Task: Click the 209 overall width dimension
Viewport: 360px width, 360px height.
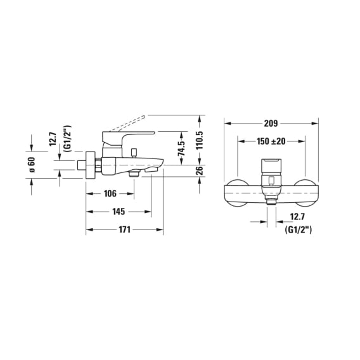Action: point(271,124)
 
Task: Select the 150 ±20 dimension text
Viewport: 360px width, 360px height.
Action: point(271,141)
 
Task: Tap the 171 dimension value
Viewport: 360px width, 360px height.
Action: point(124,229)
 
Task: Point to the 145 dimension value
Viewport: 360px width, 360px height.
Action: point(119,212)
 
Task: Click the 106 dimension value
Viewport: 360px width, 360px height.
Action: point(110,194)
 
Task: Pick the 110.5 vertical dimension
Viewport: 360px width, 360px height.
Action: point(200,140)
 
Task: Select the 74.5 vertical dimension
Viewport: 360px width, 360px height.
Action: point(181,148)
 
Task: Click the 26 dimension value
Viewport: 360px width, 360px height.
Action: point(200,170)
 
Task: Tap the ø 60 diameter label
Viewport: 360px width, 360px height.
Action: point(32,165)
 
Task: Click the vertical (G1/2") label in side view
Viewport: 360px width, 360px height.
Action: point(68,139)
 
